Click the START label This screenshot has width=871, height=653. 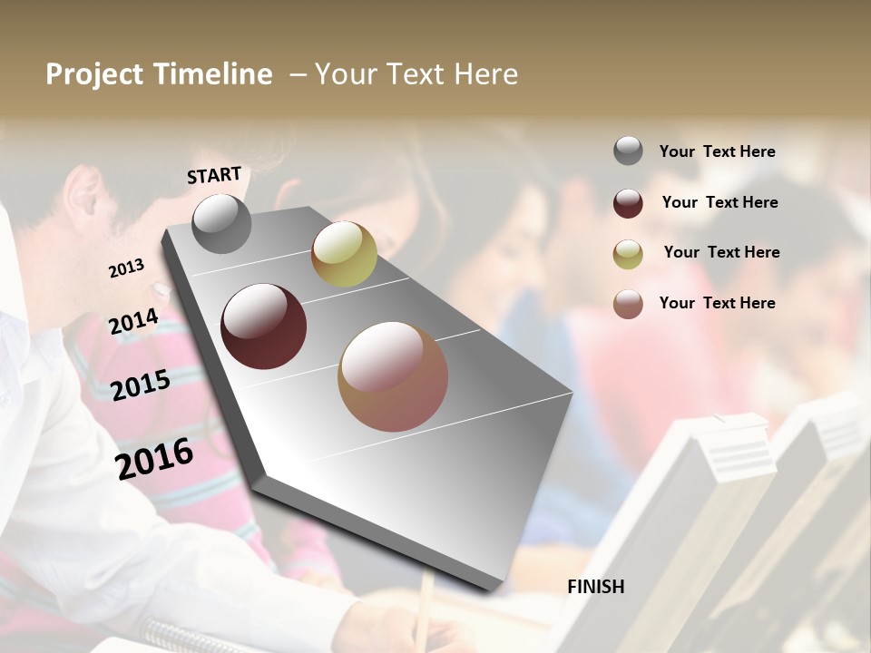(214, 175)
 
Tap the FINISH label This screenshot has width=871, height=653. (596, 587)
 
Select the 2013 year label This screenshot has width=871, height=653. (126, 268)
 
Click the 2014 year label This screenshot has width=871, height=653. (134, 321)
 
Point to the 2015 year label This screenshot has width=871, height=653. (141, 385)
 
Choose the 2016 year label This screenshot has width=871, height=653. (154, 458)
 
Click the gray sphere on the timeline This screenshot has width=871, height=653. (221, 224)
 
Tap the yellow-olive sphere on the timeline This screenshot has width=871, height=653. (344, 254)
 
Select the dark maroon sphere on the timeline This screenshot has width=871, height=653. (264, 326)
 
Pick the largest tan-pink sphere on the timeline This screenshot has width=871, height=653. (393, 376)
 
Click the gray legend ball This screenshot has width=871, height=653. (628, 151)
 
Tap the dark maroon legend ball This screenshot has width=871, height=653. (628, 203)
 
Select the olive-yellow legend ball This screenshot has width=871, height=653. (628, 254)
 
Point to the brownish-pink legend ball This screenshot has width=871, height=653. (628, 304)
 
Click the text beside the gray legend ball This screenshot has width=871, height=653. (717, 151)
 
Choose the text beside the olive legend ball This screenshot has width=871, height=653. (721, 252)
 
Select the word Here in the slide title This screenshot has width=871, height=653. (486, 74)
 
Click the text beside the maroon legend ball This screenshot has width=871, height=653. (719, 202)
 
